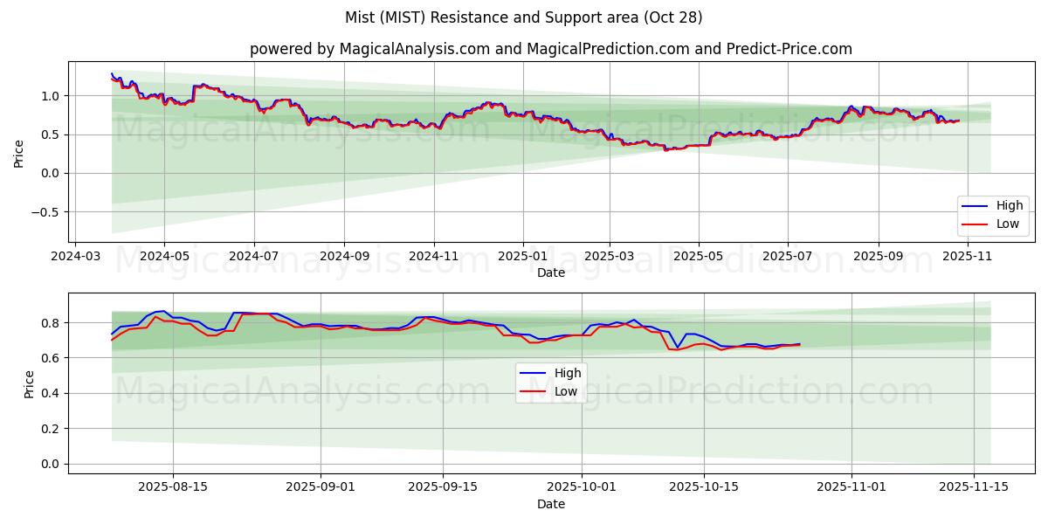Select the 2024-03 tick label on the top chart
pyautogui.click(x=75, y=257)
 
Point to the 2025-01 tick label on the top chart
pyautogui.click(x=523, y=257)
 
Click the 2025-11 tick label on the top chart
pyautogui.click(x=968, y=257)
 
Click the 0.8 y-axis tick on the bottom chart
pyautogui.click(x=52, y=323)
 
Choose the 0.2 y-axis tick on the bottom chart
pyautogui.click(x=52, y=429)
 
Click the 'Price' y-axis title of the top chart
pyautogui.click(x=19, y=154)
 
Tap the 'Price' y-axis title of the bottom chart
pyautogui.click(x=29, y=384)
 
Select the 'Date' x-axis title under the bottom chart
pyautogui.click(x=550, y=504)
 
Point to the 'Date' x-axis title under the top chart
pyautogui.click(x=550, y=272)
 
